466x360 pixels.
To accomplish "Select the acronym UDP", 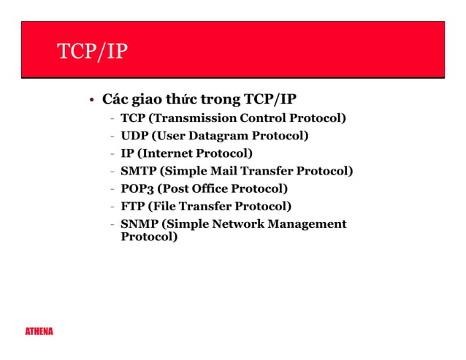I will point(134,136).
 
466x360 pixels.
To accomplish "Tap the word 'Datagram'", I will point(216,136).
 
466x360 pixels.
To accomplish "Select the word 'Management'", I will point(308,223).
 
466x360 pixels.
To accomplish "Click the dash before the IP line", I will point(112,154).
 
